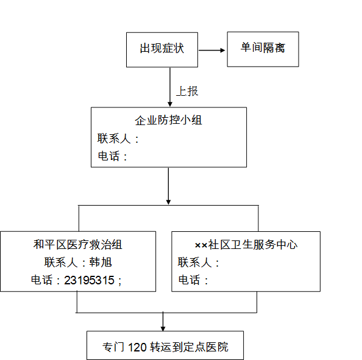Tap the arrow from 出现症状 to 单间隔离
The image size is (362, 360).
(211, 50)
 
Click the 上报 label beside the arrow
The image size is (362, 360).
(187, 91)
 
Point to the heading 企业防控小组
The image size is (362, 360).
(169, 120)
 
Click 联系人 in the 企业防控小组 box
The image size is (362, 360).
(114, 139)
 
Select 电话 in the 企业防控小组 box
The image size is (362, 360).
(108, 156)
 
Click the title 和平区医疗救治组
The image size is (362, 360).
(78, 245)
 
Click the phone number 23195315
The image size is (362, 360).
(89, 280)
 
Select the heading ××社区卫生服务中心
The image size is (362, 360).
(246, 245)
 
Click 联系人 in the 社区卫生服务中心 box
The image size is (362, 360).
(194, 262)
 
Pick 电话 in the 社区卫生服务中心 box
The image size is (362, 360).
(189, 280)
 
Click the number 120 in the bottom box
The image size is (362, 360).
(137, 347)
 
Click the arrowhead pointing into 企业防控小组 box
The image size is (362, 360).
(170, 104)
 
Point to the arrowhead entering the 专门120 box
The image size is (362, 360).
(163, 328)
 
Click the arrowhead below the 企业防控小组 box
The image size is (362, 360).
(169, 202)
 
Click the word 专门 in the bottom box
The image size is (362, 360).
(113, 347)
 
